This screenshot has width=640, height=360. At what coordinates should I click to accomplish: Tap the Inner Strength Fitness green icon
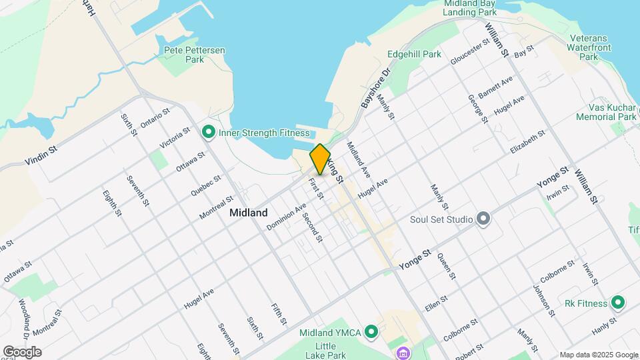tap(208, 133)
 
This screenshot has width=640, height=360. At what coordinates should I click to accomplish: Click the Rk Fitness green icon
tap(617, 303)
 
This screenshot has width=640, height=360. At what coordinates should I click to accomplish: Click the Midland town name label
tap(248, 213)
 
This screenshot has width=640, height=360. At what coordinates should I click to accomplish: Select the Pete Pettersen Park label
tap(194, 54)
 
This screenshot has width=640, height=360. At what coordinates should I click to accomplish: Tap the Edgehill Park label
tap(414, 54)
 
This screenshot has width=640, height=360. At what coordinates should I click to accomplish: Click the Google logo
tap(22, 352)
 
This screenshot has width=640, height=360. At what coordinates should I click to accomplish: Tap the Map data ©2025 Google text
tap(599, 355)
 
